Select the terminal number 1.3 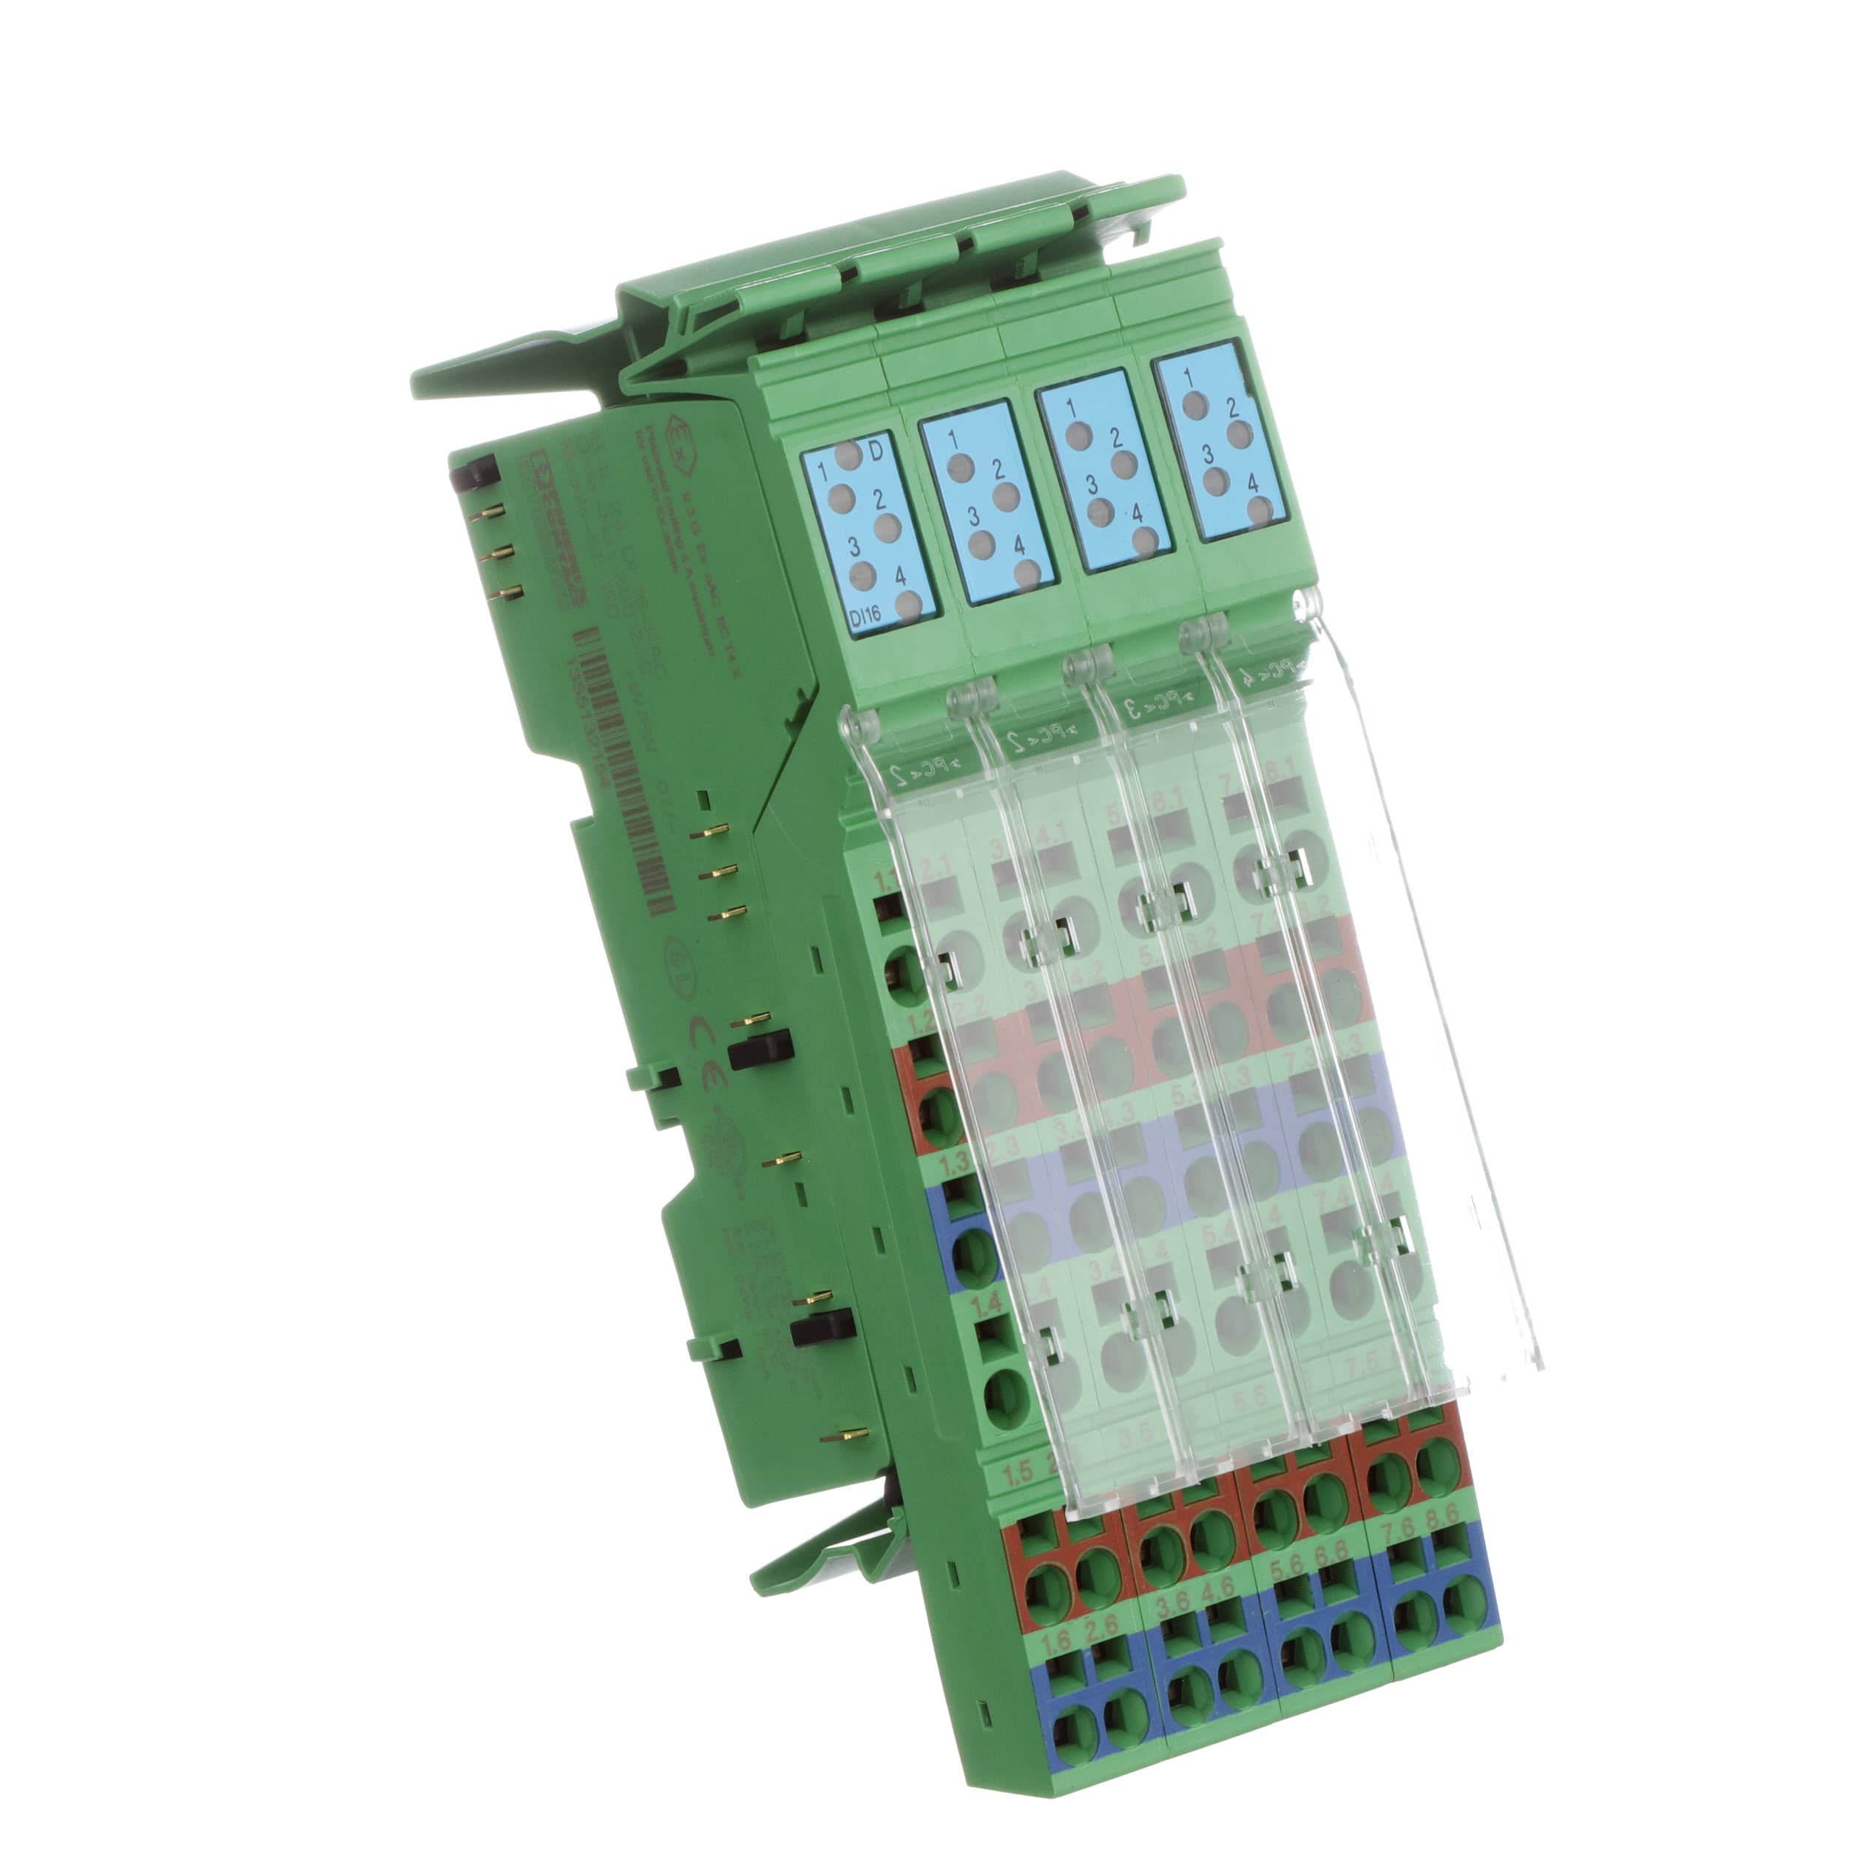point(957,1163)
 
